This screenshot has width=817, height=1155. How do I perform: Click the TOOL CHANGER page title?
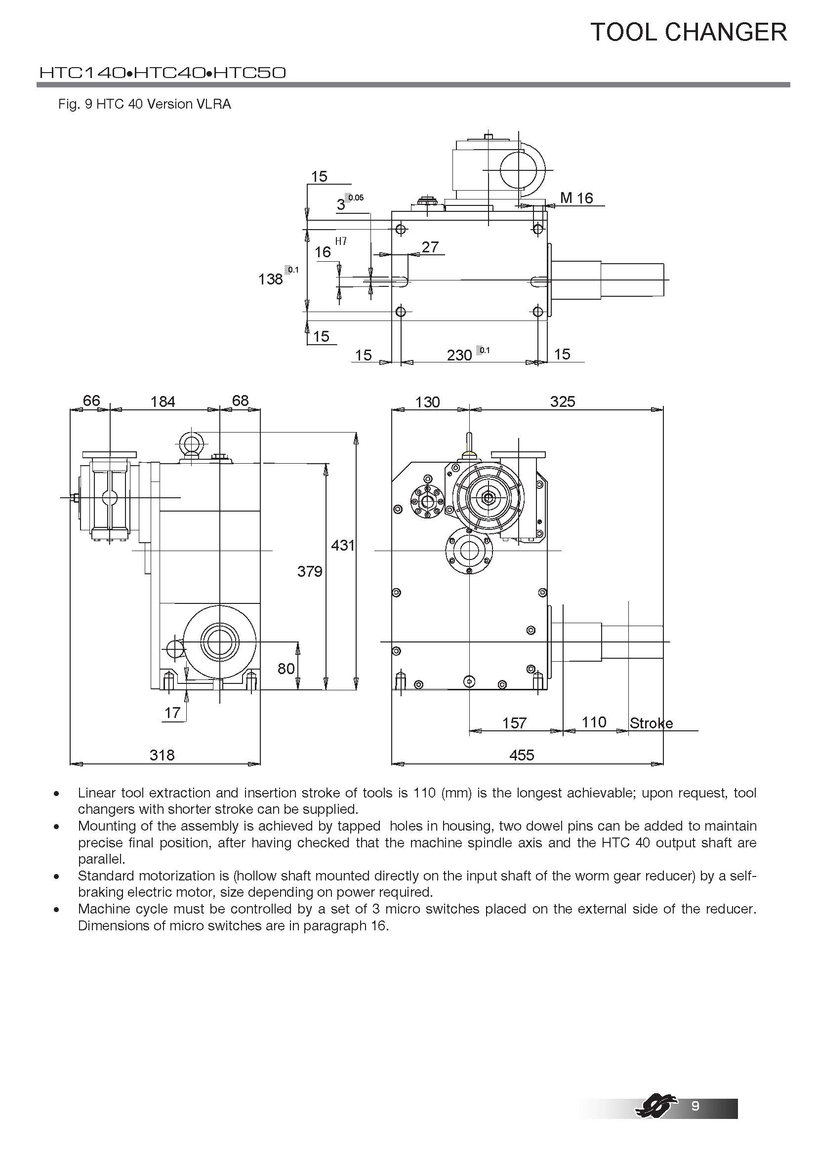(x=688, y=32)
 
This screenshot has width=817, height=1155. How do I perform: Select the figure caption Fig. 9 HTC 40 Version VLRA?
(x=144, y=104)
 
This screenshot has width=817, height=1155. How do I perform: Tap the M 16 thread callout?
(x=576, y=198)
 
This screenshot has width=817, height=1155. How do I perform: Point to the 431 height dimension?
(x=343, y=545)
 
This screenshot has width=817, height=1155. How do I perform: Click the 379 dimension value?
(x=309, y=571)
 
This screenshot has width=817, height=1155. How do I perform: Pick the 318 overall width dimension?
(x=162, y=755)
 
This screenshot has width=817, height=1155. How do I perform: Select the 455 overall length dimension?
(x=521, y=755)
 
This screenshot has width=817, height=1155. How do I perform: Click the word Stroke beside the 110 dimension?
(x=651, y=723)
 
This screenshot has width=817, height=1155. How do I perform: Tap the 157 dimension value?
(x=514, y=723)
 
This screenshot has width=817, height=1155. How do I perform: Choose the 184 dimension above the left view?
(x=163, y=401)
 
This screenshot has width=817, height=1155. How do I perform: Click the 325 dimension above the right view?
(x=562, y=401)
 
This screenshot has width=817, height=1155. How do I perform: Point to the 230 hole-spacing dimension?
(x=459, y=355)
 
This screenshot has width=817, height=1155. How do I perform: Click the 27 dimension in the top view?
(x=430, y=246)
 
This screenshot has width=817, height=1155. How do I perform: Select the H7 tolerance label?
(x=341, y=241)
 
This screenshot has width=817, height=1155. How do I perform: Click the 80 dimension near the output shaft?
(x=286, y=668)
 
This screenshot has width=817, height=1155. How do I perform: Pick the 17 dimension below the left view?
(x=172, y=713)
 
